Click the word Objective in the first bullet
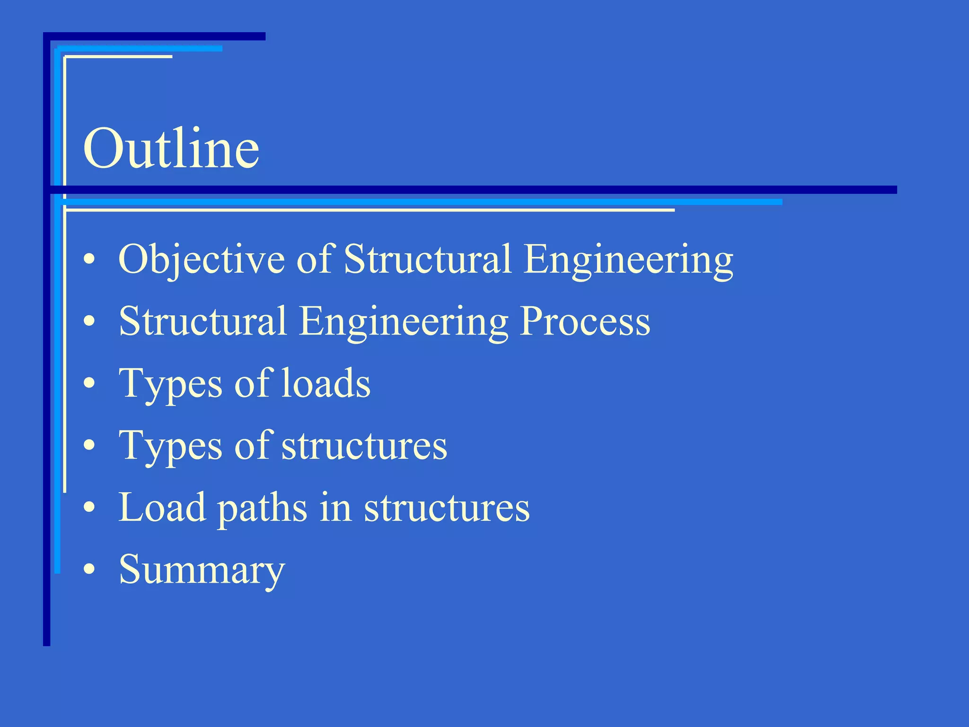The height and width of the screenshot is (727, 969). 202,259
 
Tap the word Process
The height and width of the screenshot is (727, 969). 585,321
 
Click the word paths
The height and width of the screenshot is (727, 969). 262,508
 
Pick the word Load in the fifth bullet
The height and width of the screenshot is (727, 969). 162,507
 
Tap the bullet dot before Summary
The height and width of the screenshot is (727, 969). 89,569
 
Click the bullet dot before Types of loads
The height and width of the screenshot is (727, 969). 89,383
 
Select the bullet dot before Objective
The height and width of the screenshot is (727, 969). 89,259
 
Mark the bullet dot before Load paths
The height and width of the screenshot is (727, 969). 89,507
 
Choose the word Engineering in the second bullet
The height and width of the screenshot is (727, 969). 404,322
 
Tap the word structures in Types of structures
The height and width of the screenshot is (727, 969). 364,446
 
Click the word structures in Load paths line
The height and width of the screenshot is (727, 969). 447,508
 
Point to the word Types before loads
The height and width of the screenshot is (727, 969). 170,384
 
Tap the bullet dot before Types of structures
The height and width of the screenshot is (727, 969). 89,445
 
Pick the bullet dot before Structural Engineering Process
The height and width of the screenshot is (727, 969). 89,321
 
